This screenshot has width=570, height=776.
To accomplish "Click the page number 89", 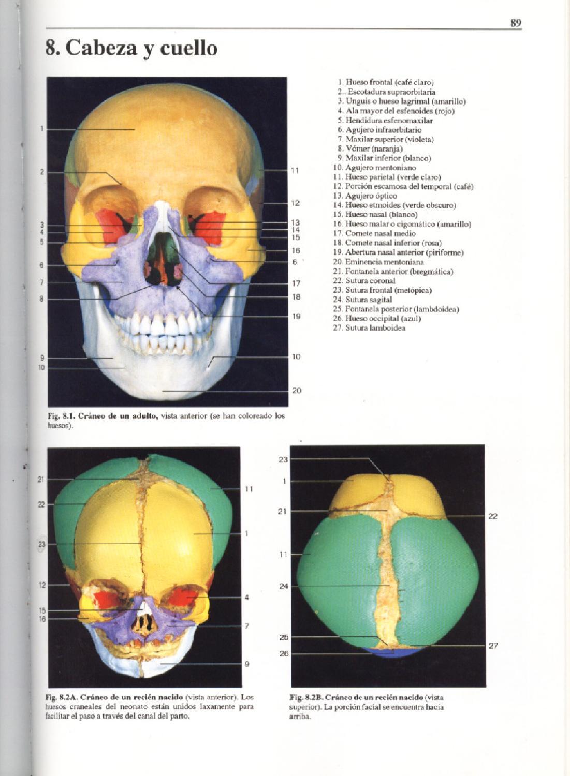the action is click(515, 23).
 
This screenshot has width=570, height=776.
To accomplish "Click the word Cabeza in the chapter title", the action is click(98, 48).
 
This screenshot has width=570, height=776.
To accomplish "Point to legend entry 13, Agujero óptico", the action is click(366, 196).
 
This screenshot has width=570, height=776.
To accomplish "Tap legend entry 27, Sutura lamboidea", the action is click(369, 328).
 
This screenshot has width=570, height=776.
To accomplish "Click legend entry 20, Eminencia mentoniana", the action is click(378, 262).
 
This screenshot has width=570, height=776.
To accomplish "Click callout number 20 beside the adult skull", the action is click(296, 391).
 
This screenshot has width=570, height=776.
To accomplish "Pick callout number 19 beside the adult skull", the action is click(296, 316).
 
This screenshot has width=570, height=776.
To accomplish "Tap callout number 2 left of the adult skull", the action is click(42, 172).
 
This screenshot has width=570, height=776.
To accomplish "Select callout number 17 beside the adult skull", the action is click(296, 283).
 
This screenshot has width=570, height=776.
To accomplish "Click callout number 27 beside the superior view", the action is click(493, 646).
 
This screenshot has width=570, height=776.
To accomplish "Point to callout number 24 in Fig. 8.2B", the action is click(283, 586).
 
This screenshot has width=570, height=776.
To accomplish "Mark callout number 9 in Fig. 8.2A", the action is click(247, 664).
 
